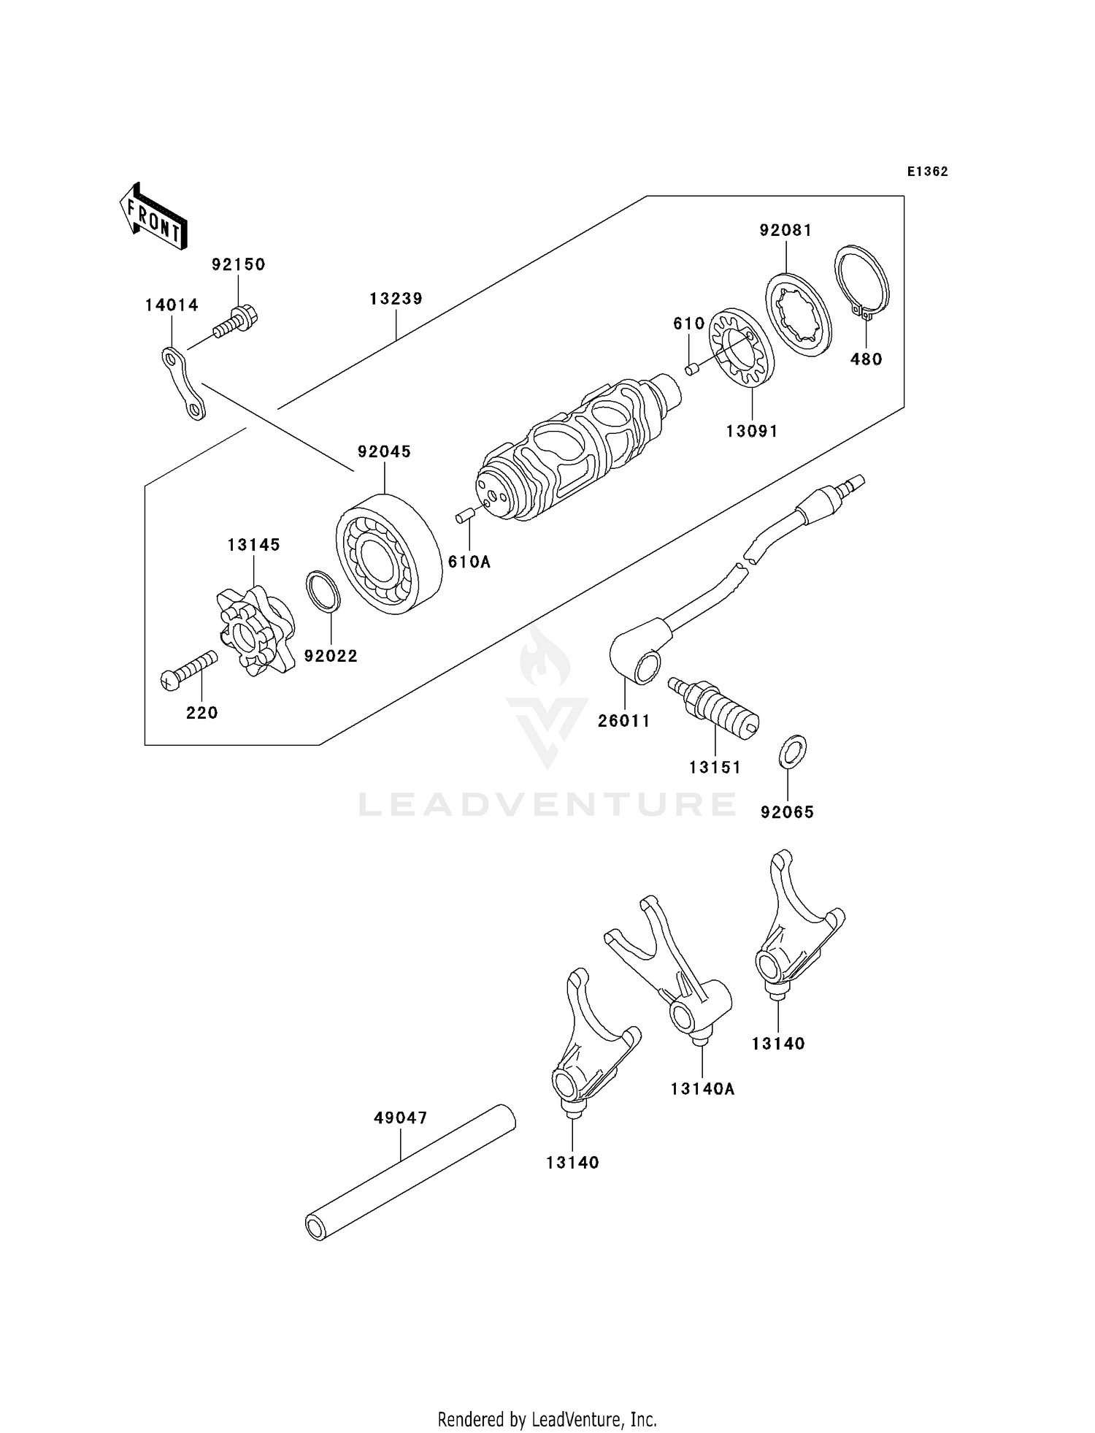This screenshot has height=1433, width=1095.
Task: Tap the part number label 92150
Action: (x=238, y=264)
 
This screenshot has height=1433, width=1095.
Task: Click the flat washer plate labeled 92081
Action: (x=799, y=315)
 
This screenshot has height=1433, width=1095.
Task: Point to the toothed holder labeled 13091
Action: (x=742, y=350)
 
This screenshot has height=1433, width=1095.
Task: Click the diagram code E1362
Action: (x=927, y=172)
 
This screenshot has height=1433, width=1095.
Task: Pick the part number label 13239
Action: (x=396, y=299)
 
